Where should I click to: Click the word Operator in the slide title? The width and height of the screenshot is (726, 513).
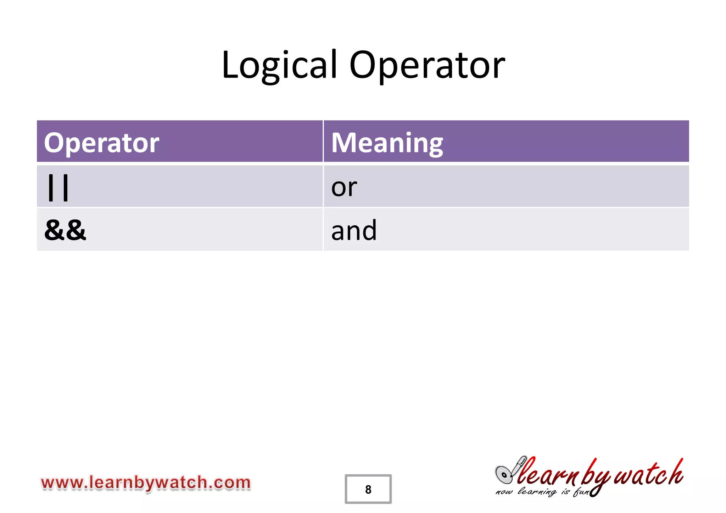click(x=427, y=66)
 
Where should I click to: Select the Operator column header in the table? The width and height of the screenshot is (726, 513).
click(x=102, y=143)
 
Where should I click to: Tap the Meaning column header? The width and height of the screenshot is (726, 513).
click(x=387, y=143)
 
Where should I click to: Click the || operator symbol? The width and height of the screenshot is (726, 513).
click(x=58, y=187)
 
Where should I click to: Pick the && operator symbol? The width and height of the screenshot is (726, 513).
click(x=65, y=230)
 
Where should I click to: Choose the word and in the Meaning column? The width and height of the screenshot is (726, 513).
click(x=354, y=231)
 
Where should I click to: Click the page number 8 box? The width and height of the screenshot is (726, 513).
click(x=368, y=489)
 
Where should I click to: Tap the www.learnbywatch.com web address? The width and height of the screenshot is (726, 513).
click(x=146, y=483)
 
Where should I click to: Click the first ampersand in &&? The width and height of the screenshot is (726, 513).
click(x=54, y=230)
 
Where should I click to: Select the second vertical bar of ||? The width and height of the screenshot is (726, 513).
click(x=65, y=187)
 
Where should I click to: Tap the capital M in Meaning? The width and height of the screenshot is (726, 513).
click(x=342, y=143)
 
